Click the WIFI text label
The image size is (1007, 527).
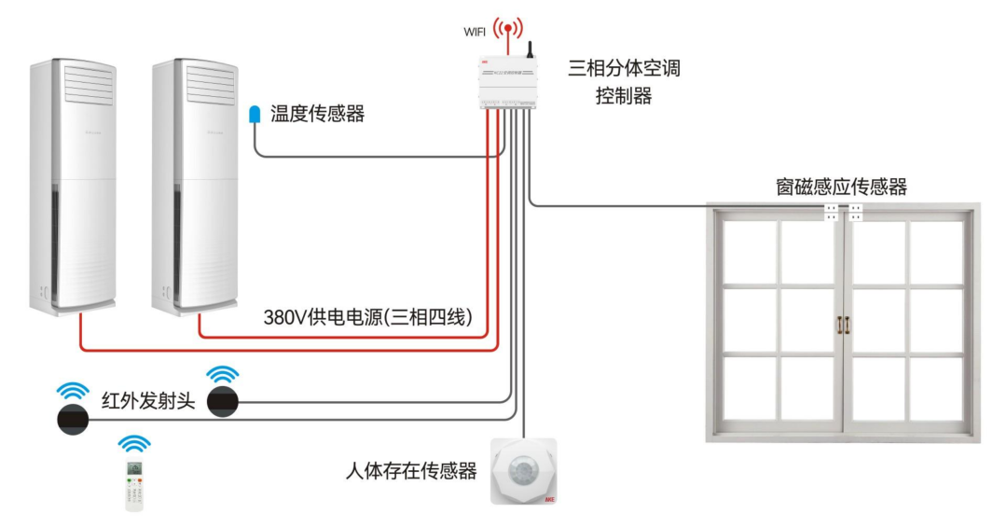(x=476, y=32)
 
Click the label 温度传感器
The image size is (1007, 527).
(x=317, y=115)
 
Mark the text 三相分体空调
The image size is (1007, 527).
(x=624, y=69)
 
